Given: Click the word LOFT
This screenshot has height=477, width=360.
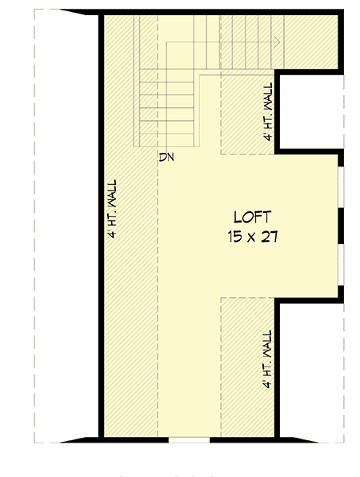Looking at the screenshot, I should click(x=252, y=217).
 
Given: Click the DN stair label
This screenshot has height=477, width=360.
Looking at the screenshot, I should click(x=166, y=156).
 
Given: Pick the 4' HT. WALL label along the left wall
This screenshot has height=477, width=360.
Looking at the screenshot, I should click(x=114, y=209).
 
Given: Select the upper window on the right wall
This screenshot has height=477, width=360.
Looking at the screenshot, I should click(x=341, y=186).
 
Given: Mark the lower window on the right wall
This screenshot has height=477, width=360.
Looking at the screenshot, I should click(x=341, y=264).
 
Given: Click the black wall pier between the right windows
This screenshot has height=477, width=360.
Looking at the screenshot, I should click(x=341, y=225).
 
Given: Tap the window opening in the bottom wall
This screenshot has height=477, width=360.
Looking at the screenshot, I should click(x=189, y=439).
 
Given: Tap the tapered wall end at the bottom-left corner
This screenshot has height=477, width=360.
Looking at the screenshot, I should click(x=80, y=439).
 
